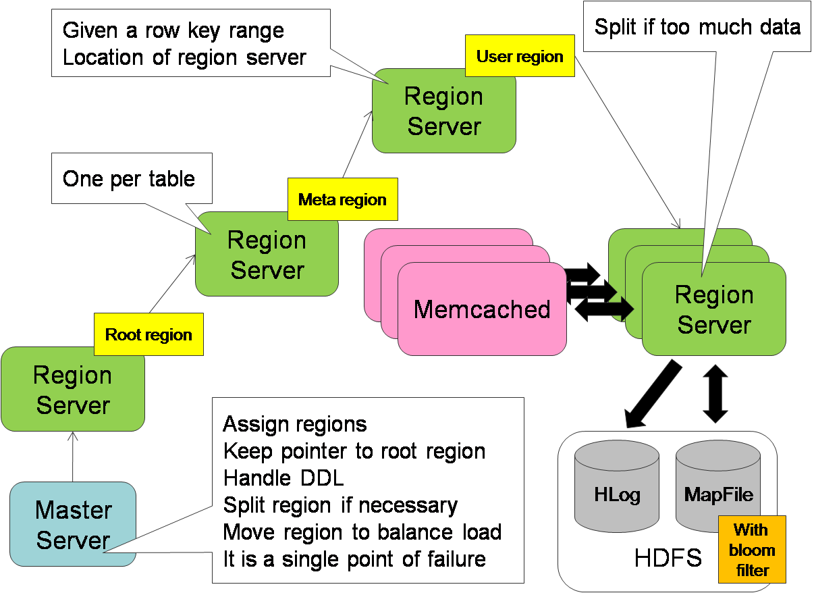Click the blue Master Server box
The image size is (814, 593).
click(x=73, y=524)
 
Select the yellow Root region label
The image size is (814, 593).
click(x=148, y=335)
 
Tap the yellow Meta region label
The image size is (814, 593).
click(x=342, y=200)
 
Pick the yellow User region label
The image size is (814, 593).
click(x=520, y=56)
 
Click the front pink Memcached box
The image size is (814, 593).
click(x=481, y=309)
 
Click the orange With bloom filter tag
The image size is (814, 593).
click(x=752, y=550)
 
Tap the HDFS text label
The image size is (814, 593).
click(x=668, y=559)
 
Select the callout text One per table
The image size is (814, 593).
click(x=129, y=179)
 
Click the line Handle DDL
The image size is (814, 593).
click(x=283, y=478)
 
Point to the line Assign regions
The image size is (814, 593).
click(x=295, y=424)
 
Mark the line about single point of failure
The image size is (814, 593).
click(x=354, y=559)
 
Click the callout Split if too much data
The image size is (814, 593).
click(x=697, y=27)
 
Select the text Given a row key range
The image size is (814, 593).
click(x=173, y=30)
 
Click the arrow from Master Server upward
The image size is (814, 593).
click(x=74, y=457)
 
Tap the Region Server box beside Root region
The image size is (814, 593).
click(x=73, y=390)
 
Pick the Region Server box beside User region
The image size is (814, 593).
click(x=444, y=111)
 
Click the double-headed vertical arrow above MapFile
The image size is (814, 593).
click(x=715, y=394)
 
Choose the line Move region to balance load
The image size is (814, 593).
click(x=362, y=532)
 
